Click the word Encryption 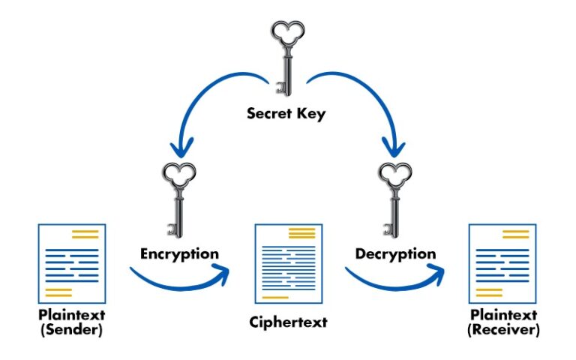tap(180, 253)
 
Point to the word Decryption tap(395, 253)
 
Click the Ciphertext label tap(288, 323)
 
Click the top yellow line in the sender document tap(85, 235)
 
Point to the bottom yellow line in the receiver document tap(490, 291)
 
